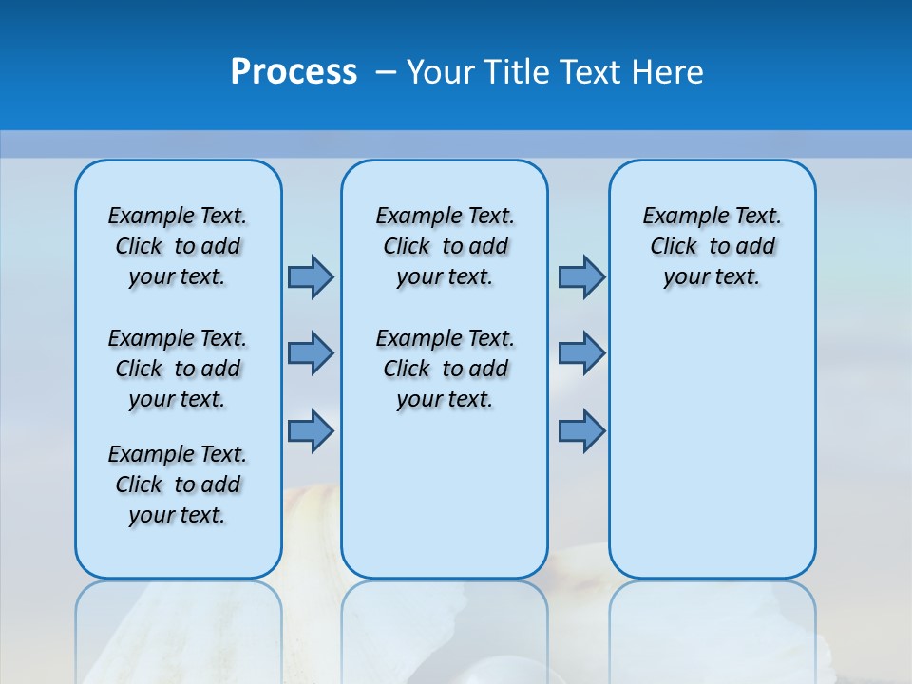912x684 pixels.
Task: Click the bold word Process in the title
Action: (x=294, y=72)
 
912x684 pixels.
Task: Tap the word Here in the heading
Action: (x=668, y=72)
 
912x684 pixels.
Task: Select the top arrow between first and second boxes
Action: (x=311, y=277)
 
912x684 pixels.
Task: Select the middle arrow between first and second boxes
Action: (x=311, y=353)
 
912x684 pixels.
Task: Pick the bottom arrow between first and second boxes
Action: (x=311, y=430)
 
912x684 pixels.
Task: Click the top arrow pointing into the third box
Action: (x=581, y=277)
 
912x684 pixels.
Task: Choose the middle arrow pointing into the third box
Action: (x=581, y=353)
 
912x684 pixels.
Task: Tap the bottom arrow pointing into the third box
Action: (x=581, y=430)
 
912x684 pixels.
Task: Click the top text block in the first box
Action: (x=178, y=246)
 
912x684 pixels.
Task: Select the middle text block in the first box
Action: (x=178, y=369)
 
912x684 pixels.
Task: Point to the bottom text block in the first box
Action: (x=178, y=484)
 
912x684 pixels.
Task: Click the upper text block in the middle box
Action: (x=445, y=246)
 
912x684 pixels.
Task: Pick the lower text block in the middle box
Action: (x=445, y=369)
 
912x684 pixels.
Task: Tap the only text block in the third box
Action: (x=712, y=246)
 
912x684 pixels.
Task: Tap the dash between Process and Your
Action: (x=387, y=73)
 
